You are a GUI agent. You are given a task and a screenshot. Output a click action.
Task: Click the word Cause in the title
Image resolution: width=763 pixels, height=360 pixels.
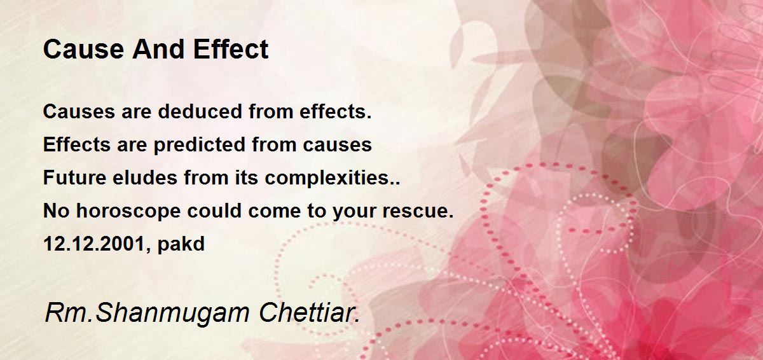(x=83, y=49)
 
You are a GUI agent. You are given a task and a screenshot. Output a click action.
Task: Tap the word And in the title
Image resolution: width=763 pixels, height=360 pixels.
(x=158, y=49)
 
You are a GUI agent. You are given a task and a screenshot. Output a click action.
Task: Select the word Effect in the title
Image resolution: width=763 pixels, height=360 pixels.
(x=231, y=49)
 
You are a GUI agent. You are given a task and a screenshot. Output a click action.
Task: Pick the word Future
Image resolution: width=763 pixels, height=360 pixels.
(x=74, y=177)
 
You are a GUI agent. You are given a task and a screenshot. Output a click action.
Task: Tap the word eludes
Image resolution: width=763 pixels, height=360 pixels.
(x=145, y=177)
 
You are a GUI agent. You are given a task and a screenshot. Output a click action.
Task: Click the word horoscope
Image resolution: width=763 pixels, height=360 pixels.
(x=128, y=211)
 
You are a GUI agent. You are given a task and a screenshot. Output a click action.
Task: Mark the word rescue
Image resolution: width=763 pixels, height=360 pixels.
(x=418, y=211)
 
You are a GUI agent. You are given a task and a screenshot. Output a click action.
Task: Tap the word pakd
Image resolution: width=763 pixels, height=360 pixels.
(x=181, y=244)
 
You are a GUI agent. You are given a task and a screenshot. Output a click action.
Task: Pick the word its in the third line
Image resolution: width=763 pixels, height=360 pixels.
(x=246, y=177)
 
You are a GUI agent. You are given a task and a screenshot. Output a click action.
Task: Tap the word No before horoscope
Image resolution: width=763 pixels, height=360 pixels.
(x=56, y=211)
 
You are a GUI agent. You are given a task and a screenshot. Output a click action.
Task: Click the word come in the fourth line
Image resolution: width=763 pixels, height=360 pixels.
(x=275, y=212)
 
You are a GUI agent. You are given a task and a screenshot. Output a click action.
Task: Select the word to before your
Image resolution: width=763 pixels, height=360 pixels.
(x=317, y=211)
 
